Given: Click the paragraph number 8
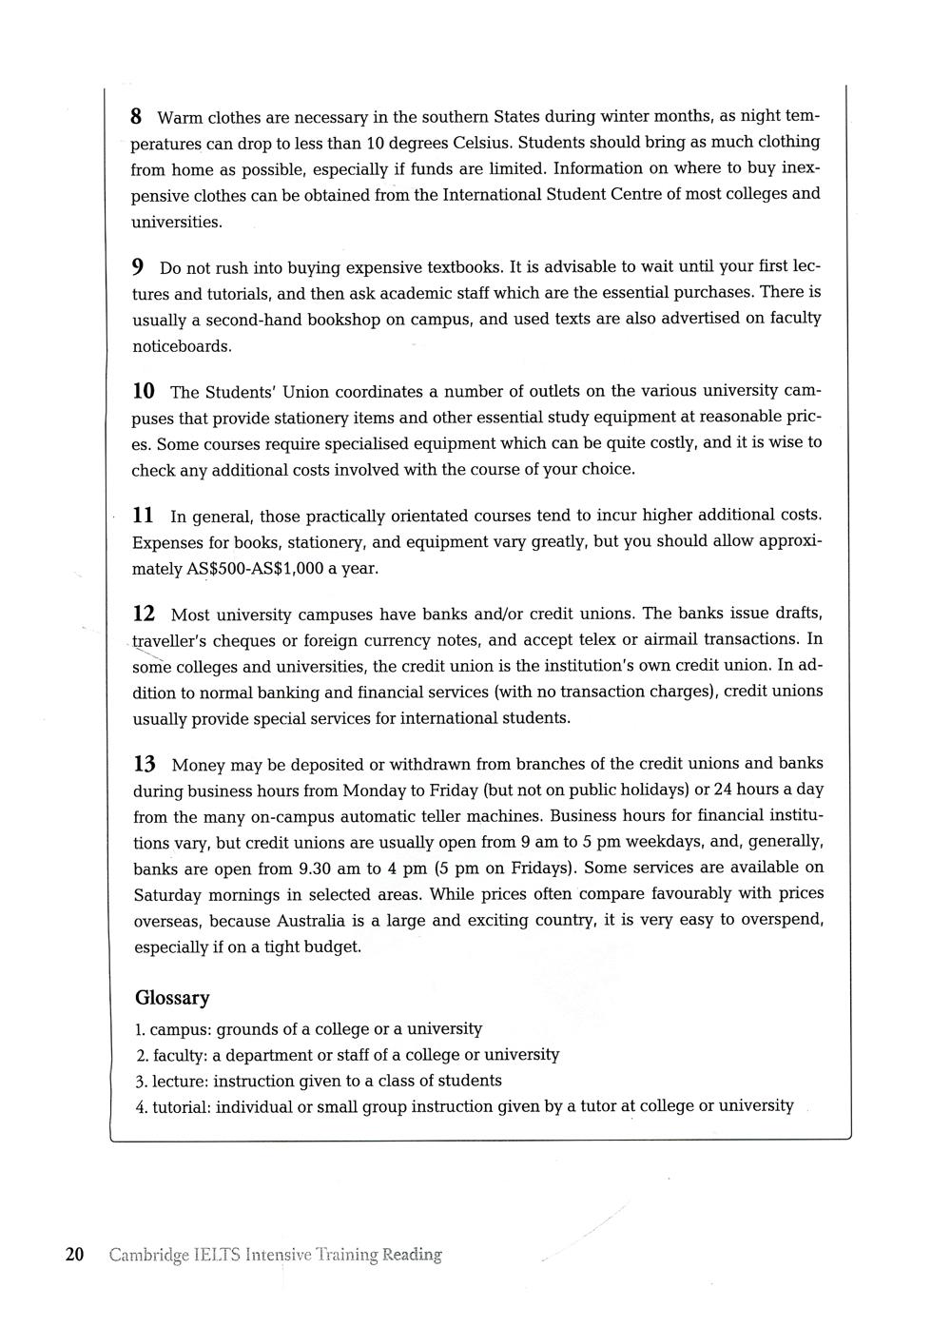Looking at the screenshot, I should click(x=136, y=117).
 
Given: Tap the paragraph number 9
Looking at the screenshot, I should click(x=138, y=266).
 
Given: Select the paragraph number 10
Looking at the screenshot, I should click(x=144, y=391).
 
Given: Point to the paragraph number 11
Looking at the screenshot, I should click(x=143, y=516).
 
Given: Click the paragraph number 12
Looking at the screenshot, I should click(x=144, y=614).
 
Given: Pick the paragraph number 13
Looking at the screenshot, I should click(x=145, y=764).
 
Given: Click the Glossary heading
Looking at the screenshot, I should click(x=172, y=998).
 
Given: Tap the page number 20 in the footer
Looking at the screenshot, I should click(x=75, y=1255).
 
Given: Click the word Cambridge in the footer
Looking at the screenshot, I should click(x=147, y=1256).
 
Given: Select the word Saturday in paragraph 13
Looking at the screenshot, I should click(x=168, y=895).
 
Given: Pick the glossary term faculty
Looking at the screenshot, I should click(x=177, y=1055).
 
